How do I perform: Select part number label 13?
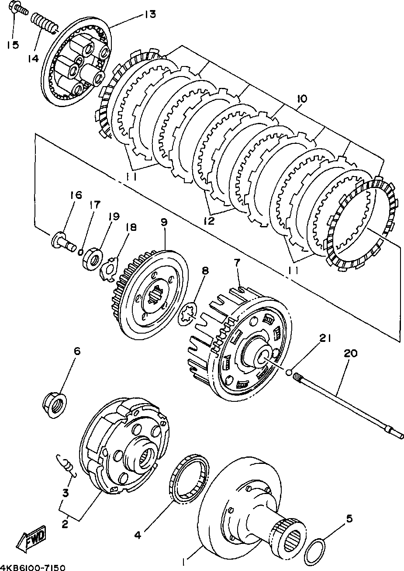pos(150,14)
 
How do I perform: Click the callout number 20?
pos(351,353)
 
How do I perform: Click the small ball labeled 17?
pos(81,252)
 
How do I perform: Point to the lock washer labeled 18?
pos(109,269)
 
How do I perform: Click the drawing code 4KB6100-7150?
pos(33,568)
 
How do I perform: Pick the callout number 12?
pos(209,221)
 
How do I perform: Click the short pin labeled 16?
pos(64,242)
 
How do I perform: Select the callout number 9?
pos(164,222)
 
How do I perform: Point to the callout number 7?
pos(237,264)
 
